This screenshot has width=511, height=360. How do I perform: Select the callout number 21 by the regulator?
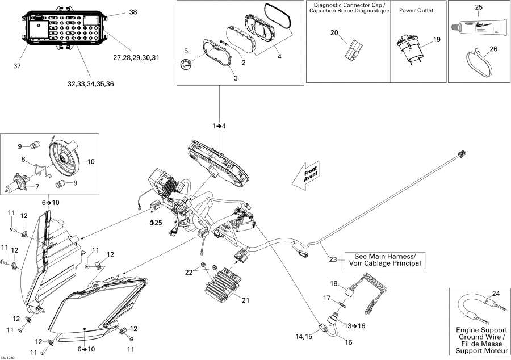click(x=245, y=300)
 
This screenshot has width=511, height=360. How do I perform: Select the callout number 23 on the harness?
click(x=333, y=259)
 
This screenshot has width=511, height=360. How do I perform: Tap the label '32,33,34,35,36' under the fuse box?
click(x=91, y=84)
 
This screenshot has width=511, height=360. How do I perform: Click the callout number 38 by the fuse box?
click(x=133, y=12)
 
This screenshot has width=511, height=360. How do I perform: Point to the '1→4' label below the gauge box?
click(x=219, y=125)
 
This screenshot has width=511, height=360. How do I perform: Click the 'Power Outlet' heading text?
click(x=418, y=11)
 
